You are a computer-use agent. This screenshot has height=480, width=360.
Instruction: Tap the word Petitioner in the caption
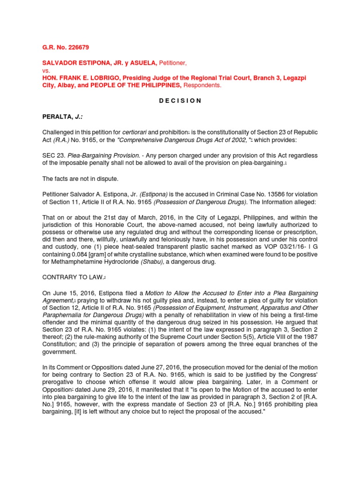174,63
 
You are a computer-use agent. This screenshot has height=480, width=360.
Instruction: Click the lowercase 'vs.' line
46,70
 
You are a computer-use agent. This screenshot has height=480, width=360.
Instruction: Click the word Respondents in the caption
202,85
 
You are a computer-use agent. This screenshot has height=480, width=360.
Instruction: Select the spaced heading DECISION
180,100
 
